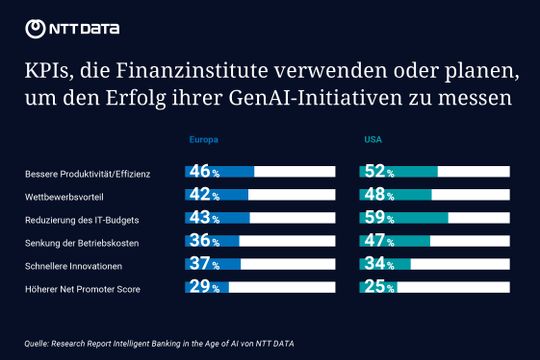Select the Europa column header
click(x=203, y=141)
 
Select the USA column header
click(x=371, y=141)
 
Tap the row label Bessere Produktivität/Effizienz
click(x=88, y=174)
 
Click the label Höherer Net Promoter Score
click(x=82, y=289)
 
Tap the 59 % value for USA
click(x=377, y=218)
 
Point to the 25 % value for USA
click(x=377, y=287)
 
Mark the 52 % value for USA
click(x=377, y=172)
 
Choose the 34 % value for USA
click(x=377, y=264)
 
